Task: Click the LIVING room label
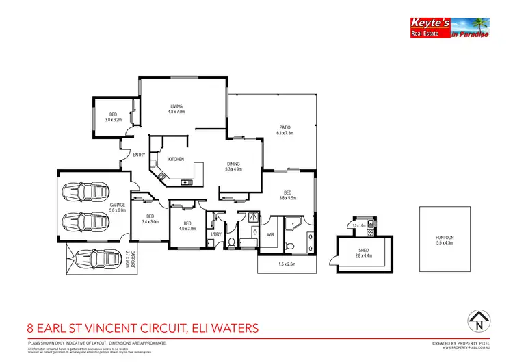pos(177,105)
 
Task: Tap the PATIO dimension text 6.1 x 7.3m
pos(285,133)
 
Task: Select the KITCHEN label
pos(176,159)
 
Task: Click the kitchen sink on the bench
pos(185,182)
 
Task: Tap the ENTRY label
pos(139,155)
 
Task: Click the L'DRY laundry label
pos(217,234)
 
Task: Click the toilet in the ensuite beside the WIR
pos(291,245)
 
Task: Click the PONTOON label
pos(445,238)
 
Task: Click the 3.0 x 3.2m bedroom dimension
pos(113,119)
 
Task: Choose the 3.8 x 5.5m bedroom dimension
pos(288,198)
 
